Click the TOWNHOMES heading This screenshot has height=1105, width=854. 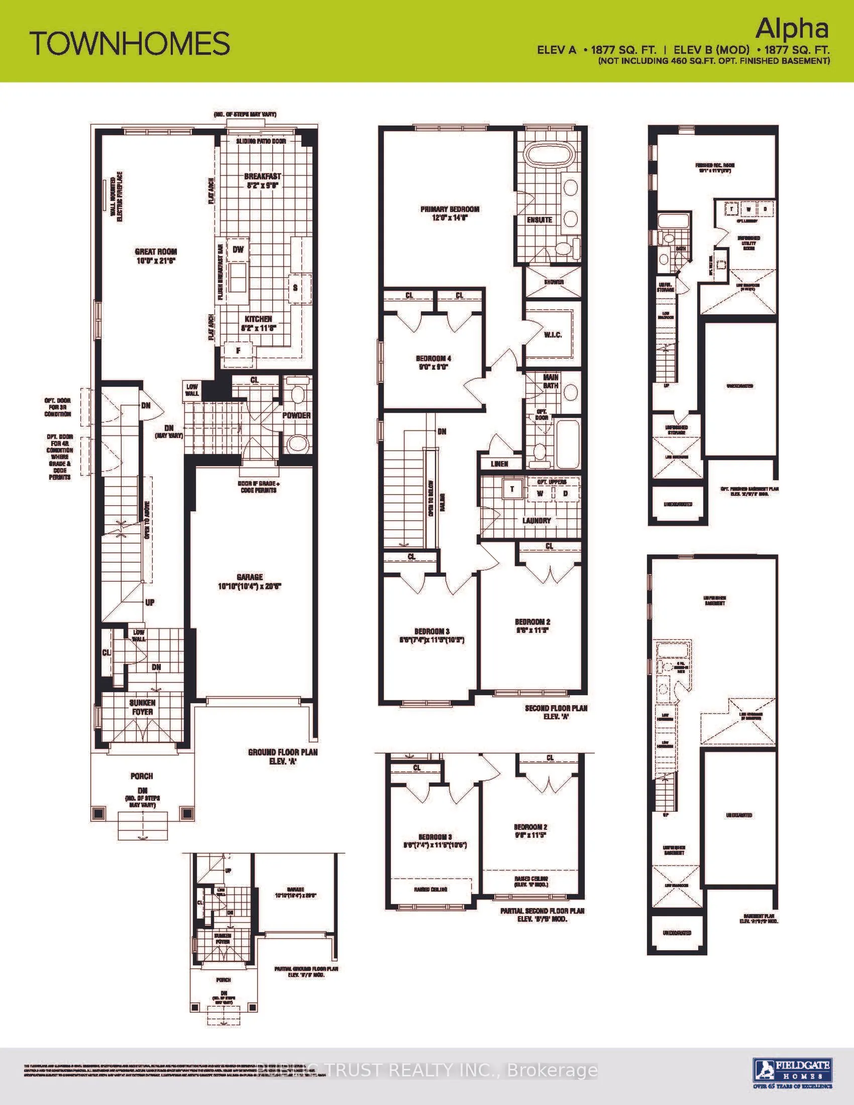(x=130, y=44)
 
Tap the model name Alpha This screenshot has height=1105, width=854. (x=792, y=29)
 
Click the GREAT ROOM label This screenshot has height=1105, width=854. (x=156, y=256)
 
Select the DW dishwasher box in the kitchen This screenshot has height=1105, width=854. (x=238, y=250)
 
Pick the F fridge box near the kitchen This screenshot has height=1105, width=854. (x=238, y=350)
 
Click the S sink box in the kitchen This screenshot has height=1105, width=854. (x=295, y=288)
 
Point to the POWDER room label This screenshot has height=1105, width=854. (x=296, y=415)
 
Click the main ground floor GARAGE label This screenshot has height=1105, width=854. (x=250, y=581)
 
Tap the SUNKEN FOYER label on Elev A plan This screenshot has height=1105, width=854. (x=142, y=707)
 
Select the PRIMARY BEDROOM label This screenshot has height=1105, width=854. (x=450, y=213)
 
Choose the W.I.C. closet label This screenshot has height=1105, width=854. (x=553, y=335)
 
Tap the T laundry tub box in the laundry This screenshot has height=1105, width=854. (x=512, y=489)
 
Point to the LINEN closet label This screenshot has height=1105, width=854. (x=499, y=464)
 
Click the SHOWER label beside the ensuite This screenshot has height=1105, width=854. (x=554, y=282)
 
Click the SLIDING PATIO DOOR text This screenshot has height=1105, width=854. (x=261, y=141)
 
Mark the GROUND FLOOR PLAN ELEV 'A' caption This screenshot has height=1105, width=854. (x=283, y=756)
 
